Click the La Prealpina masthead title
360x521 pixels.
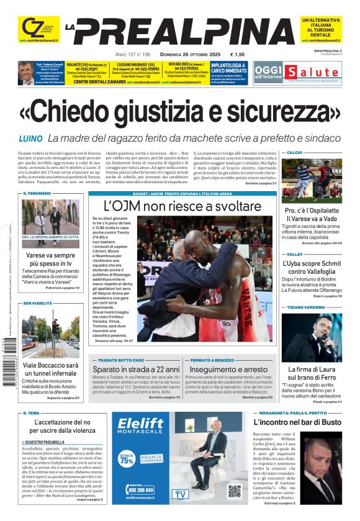tap(180, 30)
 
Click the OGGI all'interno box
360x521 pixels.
tap(268, 71)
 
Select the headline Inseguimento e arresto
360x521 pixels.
tap(228, 369)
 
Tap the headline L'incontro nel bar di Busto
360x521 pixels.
tap(314, 422)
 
